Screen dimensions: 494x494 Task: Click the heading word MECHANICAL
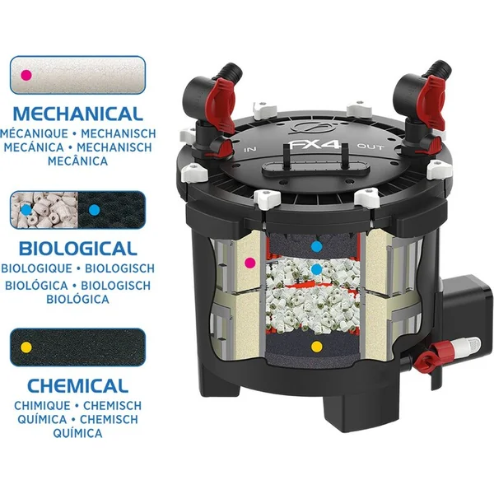point(78,114)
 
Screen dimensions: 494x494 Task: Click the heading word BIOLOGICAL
point(78,249)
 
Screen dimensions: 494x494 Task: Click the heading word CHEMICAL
point(78,385)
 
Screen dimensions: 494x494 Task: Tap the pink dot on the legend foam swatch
point(26,75)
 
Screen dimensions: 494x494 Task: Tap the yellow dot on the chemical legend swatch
point(26,347)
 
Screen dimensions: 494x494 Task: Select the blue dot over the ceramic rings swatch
point(26,210)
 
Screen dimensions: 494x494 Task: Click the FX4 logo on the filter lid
point(315,145)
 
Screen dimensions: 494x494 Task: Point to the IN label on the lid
point(250,149)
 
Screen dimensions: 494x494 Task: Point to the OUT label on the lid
point(370,147)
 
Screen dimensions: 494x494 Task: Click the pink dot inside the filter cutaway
point(250,262)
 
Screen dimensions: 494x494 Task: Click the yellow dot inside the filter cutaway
point(317,347)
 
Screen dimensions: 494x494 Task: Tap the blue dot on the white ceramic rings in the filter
point(317,269)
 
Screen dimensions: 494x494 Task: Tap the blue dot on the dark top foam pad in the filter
point(317,246)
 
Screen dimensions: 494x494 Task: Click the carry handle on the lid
point(316,167)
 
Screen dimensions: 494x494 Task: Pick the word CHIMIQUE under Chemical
point(42,405)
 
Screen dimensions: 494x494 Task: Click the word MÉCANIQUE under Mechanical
point(34,133)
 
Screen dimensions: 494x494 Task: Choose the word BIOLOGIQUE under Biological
point(36,268)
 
